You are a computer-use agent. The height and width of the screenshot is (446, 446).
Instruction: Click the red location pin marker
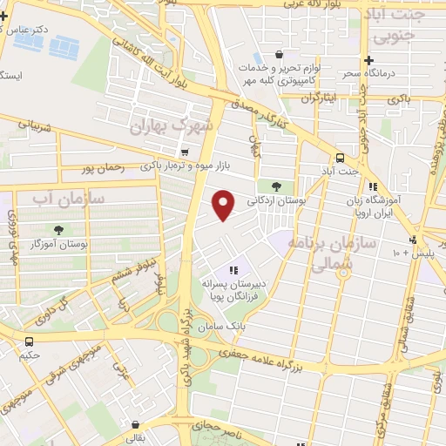click(225, 204)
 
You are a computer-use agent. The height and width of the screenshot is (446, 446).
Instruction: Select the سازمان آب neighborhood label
click(69, 199)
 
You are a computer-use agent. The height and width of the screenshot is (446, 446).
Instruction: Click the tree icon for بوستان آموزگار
click(58, 230)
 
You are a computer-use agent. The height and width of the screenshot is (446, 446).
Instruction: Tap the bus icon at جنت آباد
click(340, 158)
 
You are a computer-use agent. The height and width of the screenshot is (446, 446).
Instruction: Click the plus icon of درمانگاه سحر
click(369, 60)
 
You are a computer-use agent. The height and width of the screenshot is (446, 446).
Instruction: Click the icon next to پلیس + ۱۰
click(412, 240)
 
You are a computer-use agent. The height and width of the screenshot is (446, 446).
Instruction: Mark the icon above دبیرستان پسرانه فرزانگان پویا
click(233, 270)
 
